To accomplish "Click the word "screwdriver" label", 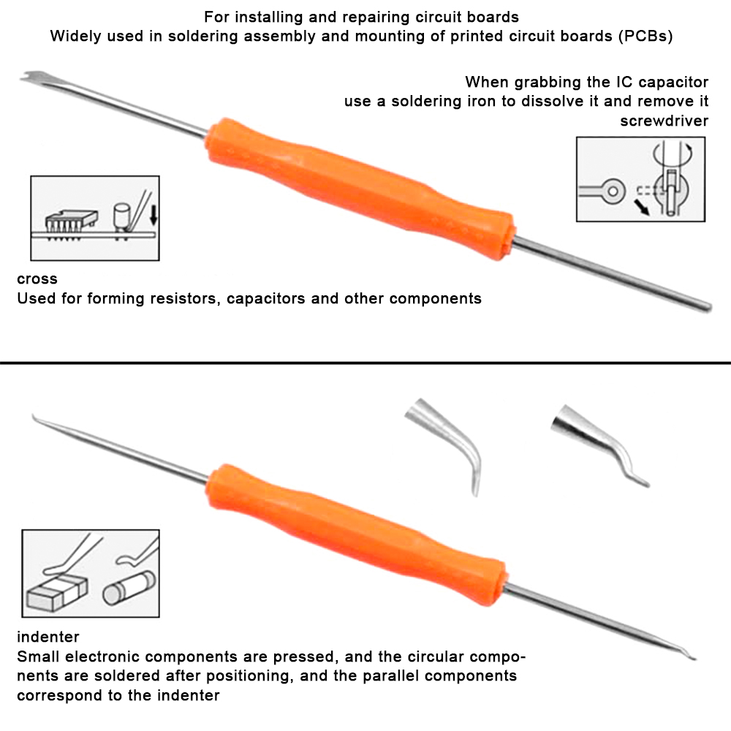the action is pyautogui.click(x=664, y=121).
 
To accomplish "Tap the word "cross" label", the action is pyautogui.click(x=37, y=279).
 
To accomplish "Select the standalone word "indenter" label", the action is pyautogui.click(x=48, y=637).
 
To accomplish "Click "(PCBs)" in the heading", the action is pyautogui.click(x=645, y=37).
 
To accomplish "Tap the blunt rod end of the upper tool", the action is pyautogui.click(x=708, y=308).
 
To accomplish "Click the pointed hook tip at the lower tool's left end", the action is pyautogui.click(x=34, y=417).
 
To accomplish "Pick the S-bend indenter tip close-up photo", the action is pyautogui.click(x=599, y=443).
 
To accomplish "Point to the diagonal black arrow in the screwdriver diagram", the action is pyautogui.click(x=641, y=208).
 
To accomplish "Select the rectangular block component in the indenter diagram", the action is pyautogui.click(x=57, y=592).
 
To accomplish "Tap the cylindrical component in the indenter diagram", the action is pyautogui.click(x=129, y=588).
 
